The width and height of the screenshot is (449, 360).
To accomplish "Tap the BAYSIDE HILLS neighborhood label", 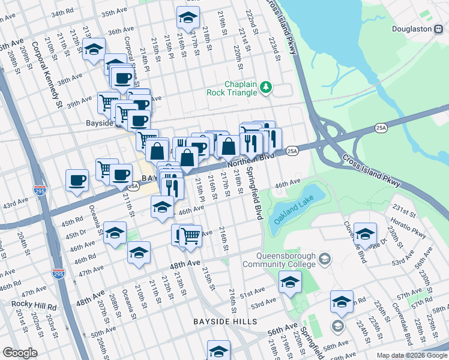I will point(225,322).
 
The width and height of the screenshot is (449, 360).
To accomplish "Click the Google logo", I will point(20,353).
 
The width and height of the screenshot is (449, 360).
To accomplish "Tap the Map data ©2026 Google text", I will point(411,355).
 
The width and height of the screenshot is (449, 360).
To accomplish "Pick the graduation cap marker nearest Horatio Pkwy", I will point(365,233).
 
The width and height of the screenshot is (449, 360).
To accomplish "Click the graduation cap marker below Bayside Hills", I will point(218,350).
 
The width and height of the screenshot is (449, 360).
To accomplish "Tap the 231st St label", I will point(405,211).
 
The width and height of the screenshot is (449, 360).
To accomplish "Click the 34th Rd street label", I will point(64,13).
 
